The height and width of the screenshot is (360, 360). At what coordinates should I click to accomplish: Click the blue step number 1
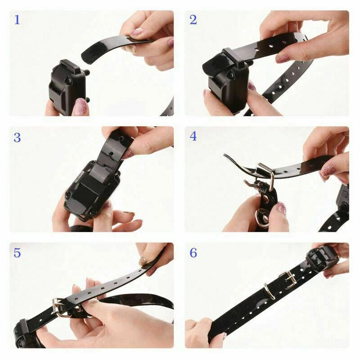click(x=17, y=20)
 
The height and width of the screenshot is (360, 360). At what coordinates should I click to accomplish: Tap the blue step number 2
click(x=193, y=20)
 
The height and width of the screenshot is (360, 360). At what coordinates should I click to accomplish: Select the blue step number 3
click(x=17, y=137)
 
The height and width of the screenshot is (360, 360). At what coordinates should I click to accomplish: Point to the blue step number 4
click(x=193, y=136)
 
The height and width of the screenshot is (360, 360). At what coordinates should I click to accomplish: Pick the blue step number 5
click(x=17, y=253)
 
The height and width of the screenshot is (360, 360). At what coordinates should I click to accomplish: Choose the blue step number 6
click(x=193, y=253)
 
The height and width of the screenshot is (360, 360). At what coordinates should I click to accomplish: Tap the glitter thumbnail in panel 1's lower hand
click(x=80, y=107)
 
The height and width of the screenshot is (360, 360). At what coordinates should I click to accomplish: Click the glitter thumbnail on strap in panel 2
click(x=283, y=58)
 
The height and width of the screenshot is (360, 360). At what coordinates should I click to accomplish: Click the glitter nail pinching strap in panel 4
click(x=328, y=171)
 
